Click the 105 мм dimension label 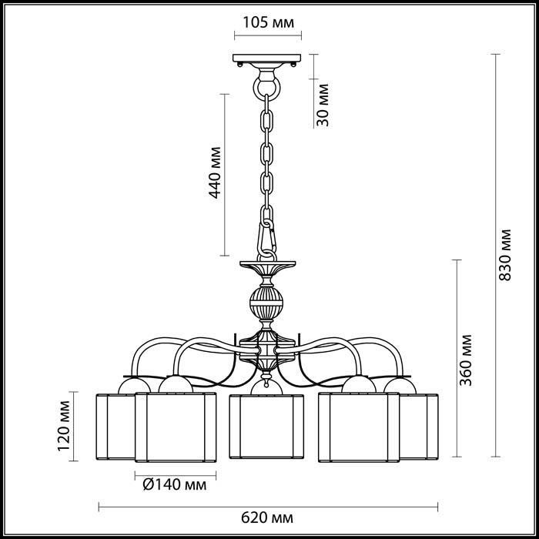(x=269, y=22)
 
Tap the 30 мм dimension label (x=323, y=105)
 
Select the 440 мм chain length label (x=215, y=173)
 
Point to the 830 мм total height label (x=505, y=255)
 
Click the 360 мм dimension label (x=466, y=360)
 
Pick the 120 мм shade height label (x=64, y=426)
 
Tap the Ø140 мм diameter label (x=175, y=484)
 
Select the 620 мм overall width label (x=267, y=517)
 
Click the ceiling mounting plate (x=266, y=58)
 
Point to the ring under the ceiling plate (x=266, y=89)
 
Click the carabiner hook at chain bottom (x=266, y=238)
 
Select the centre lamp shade (x=266, y=427)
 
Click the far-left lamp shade (x=115, y=427)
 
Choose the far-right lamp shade (x=419, y=427)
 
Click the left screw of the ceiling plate (x=240, y=64)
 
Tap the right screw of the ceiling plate (x=293, y=64)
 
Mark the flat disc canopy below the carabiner (x=267, y=263)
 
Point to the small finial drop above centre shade (x=266, y=379)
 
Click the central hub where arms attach (x=266, y=350)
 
